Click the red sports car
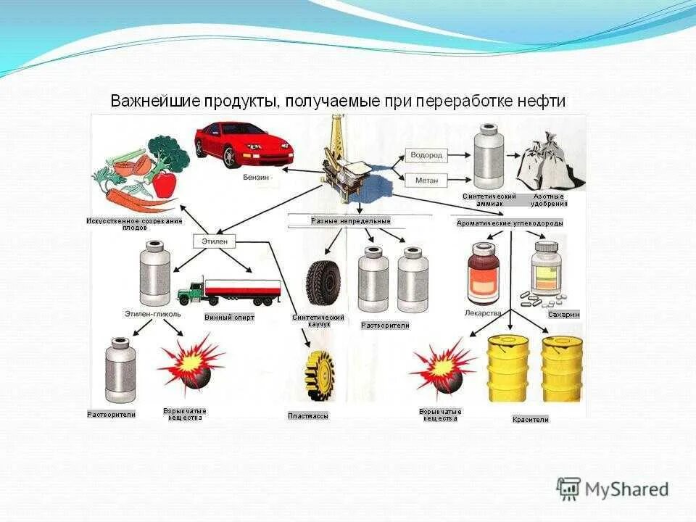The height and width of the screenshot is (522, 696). (x=243, y=144)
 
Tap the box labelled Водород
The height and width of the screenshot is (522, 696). (x=426, y=155)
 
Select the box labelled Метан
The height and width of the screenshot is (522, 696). (x=426, y=179)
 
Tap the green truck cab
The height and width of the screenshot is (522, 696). (x=191, y=291)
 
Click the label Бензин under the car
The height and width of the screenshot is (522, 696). (x=258, y=177)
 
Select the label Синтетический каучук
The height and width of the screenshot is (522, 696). (x=319, y=321)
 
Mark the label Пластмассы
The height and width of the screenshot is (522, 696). (x=307, y=416)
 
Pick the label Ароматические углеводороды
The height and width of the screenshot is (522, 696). (x=509, y=224)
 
